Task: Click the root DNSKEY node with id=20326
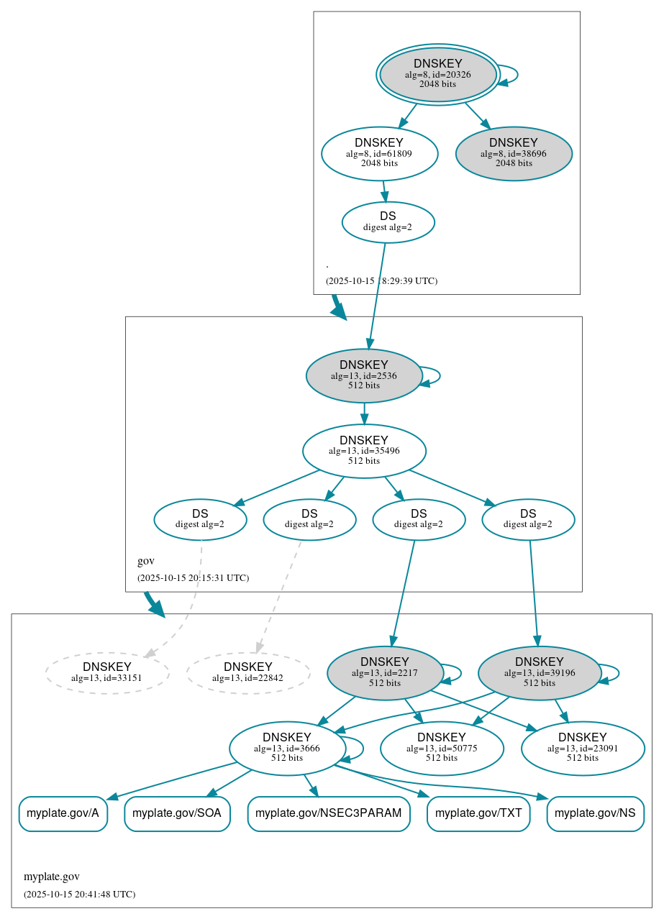(437, 74)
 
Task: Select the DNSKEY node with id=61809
(379, 153)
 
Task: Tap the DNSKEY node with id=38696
(514, 153)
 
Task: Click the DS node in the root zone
(388, 221)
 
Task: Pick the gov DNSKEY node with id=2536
(363, 375)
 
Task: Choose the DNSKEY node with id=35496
(364, 451)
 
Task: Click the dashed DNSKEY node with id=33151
(107, 672)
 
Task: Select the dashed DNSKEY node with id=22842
(248, 672)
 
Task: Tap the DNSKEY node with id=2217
(384, 672)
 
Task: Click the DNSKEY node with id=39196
(539, 672)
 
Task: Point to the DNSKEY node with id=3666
(286, 748)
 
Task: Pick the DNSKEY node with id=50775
(442, 748)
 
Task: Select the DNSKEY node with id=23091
(582, 748)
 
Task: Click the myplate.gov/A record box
(63, 813)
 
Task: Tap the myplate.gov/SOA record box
(177, 813)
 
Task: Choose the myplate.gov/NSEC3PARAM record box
(329, 813)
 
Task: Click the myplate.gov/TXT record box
(478, 813)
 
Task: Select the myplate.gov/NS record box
(595, 813)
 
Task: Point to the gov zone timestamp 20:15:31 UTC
(193, 577)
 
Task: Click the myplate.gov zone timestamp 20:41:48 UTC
(79, 894)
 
